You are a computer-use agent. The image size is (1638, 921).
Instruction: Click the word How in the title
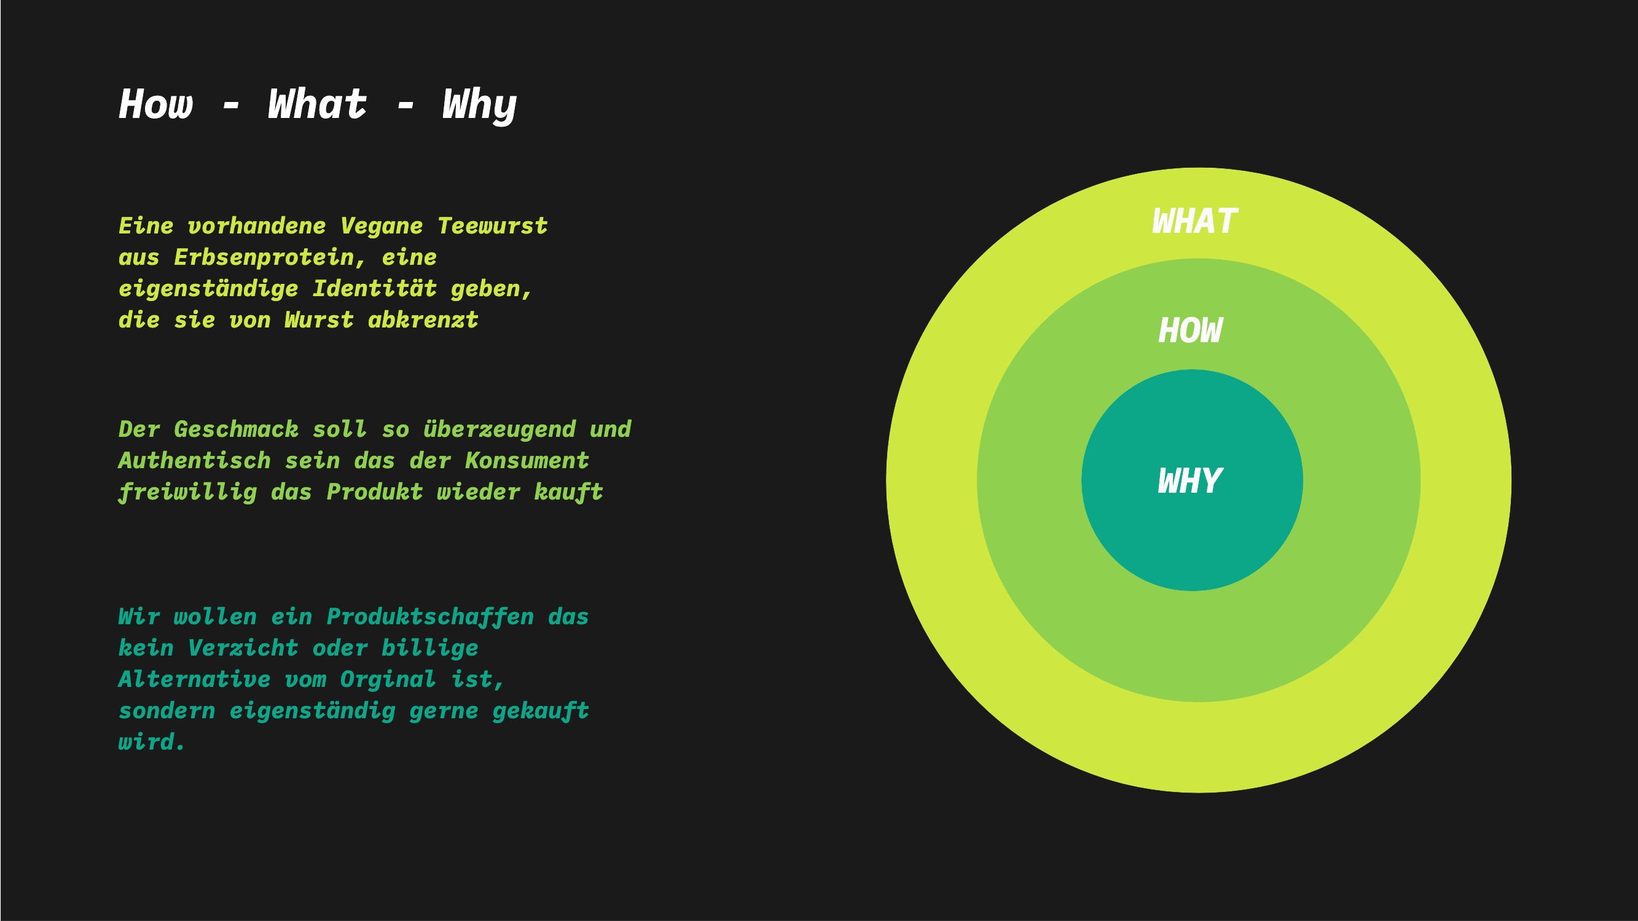[x=156, y=104]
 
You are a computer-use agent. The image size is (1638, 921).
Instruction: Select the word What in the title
[x=317, y=104]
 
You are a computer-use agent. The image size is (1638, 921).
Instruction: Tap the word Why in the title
[x=479, y=107]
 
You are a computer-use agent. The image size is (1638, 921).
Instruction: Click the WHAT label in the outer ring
[x=1195, y=221]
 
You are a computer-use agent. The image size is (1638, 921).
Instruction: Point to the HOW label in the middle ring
[x=1189, y=331]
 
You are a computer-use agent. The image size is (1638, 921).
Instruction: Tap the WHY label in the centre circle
[x=1189, y=481]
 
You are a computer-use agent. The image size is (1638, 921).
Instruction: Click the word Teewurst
[x=493, y=226]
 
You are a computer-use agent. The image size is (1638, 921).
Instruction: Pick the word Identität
[x=375, y=289]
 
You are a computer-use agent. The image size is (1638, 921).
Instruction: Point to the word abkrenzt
[x=423, y=319]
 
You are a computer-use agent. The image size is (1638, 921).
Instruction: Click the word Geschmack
[x=236, y=429]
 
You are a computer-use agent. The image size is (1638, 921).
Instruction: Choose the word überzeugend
[x=500, y=430]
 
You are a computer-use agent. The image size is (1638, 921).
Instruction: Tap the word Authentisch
[x=195, y=461]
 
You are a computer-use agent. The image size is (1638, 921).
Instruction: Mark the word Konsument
[x=527, y=461]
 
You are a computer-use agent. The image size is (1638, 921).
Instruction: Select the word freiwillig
[x=187, y=493]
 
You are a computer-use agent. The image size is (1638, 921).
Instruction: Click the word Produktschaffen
[x=431, y=617]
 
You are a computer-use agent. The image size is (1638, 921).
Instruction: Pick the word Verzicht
[x=243, y=648]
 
